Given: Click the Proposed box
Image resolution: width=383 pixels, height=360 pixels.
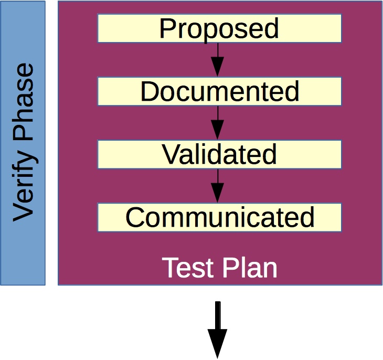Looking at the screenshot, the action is point(219,28).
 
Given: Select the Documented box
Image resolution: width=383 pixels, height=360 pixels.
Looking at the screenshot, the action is point(219,91).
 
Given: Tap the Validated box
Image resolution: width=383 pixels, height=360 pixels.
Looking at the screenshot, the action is point(219,154).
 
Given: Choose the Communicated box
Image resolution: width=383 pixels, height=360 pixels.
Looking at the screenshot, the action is point(219,217).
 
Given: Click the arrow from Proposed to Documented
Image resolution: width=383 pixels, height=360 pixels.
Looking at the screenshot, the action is point(217,60).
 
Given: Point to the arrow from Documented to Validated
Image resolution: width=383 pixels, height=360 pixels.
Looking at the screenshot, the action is point(217,123).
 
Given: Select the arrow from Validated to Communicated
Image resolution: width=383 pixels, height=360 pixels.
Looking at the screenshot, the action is point(217,186).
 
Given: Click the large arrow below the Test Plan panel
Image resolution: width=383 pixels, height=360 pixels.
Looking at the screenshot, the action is point(217,330).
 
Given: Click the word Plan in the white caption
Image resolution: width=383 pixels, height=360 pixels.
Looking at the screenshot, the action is point(250,268).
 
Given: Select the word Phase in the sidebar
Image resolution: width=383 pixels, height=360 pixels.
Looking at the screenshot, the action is point(23,102).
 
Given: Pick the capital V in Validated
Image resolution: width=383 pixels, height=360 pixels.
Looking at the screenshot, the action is point(171,154).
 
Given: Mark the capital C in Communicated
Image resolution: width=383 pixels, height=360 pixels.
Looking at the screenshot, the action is point(135,217).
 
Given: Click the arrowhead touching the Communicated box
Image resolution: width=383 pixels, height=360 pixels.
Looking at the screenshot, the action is point(217,193).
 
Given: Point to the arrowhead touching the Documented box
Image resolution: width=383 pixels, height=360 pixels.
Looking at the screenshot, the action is point(217,67).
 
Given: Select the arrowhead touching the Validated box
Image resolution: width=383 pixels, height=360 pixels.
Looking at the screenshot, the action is point(217,130).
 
